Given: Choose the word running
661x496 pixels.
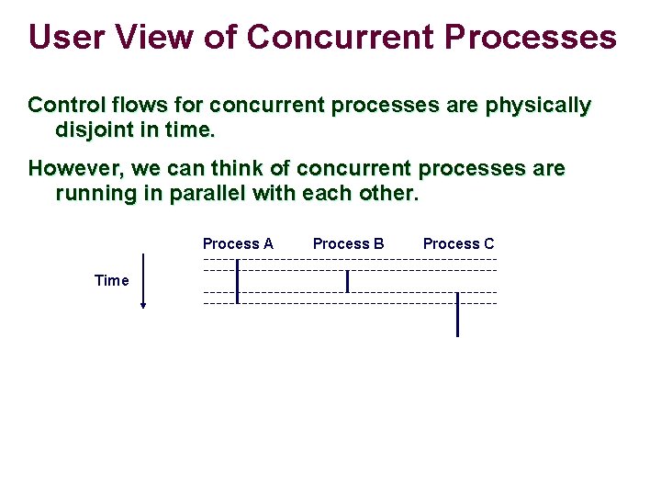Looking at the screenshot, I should [94, 195].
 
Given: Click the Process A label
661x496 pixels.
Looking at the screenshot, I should [238, 243].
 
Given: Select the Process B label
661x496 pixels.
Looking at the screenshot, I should [348, 243].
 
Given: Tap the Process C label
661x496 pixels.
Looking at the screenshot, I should [458, 243].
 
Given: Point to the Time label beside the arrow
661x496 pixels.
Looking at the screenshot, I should [112, 280].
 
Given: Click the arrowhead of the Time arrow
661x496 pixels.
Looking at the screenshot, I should [143, 305].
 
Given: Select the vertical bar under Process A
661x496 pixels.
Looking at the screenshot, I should [237, 281].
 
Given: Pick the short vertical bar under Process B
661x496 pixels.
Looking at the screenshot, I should [347, 281].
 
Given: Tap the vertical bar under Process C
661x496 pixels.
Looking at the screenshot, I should [457, 314].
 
